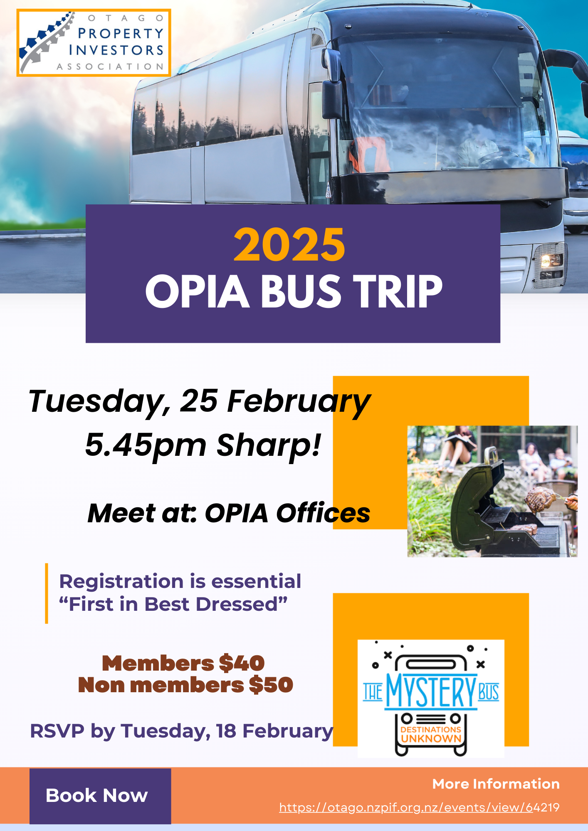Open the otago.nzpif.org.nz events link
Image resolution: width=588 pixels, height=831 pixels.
coord(419,807)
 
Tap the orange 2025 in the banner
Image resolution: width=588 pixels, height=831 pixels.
coord(289,245)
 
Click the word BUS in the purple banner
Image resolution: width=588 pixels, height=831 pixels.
coord(301,291)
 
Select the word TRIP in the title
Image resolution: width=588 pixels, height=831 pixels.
coord(398,291)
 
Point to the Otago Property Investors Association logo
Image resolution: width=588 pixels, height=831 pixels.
coord(94,43)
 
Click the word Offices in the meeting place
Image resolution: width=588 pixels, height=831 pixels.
coord(323,513)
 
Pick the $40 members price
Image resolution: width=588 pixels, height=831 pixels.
coord(242,663)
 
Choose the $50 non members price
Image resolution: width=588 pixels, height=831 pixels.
coord(271,685)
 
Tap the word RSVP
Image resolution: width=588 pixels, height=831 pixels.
coord(57,731)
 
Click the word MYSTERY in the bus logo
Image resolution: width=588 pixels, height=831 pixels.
coord(430,691)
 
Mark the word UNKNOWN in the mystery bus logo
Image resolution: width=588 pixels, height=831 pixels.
coord(431,738)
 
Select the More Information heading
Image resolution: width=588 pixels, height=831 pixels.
coord(496,784)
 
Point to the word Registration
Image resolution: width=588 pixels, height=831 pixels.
coord(121,582)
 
